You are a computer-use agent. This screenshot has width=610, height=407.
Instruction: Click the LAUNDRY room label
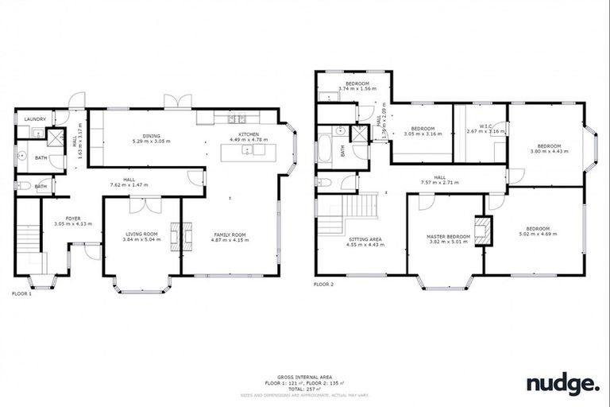(34, 119)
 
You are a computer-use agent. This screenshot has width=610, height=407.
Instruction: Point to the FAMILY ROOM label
(230, 235)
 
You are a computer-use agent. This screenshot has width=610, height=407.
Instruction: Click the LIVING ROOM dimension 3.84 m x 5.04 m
(144, 240)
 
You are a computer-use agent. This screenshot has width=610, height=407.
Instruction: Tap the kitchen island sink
(249, 150)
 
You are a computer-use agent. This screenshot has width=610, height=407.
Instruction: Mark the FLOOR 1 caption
(21, 293)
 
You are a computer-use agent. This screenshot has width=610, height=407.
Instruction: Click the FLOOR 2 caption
(323, 284)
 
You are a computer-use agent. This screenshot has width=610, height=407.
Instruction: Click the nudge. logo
(562, 385)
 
